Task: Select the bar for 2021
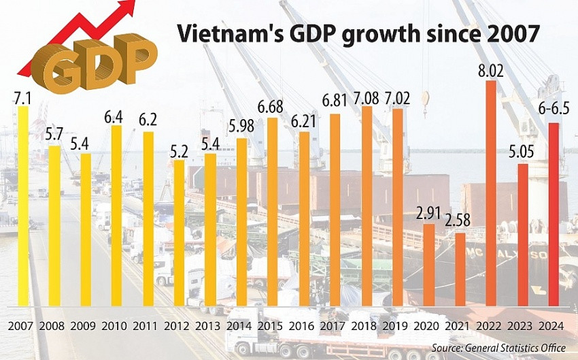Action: (x=460, y=269)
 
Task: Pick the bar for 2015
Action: (x=273, y=211)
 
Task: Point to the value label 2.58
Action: (x=460, y=222)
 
